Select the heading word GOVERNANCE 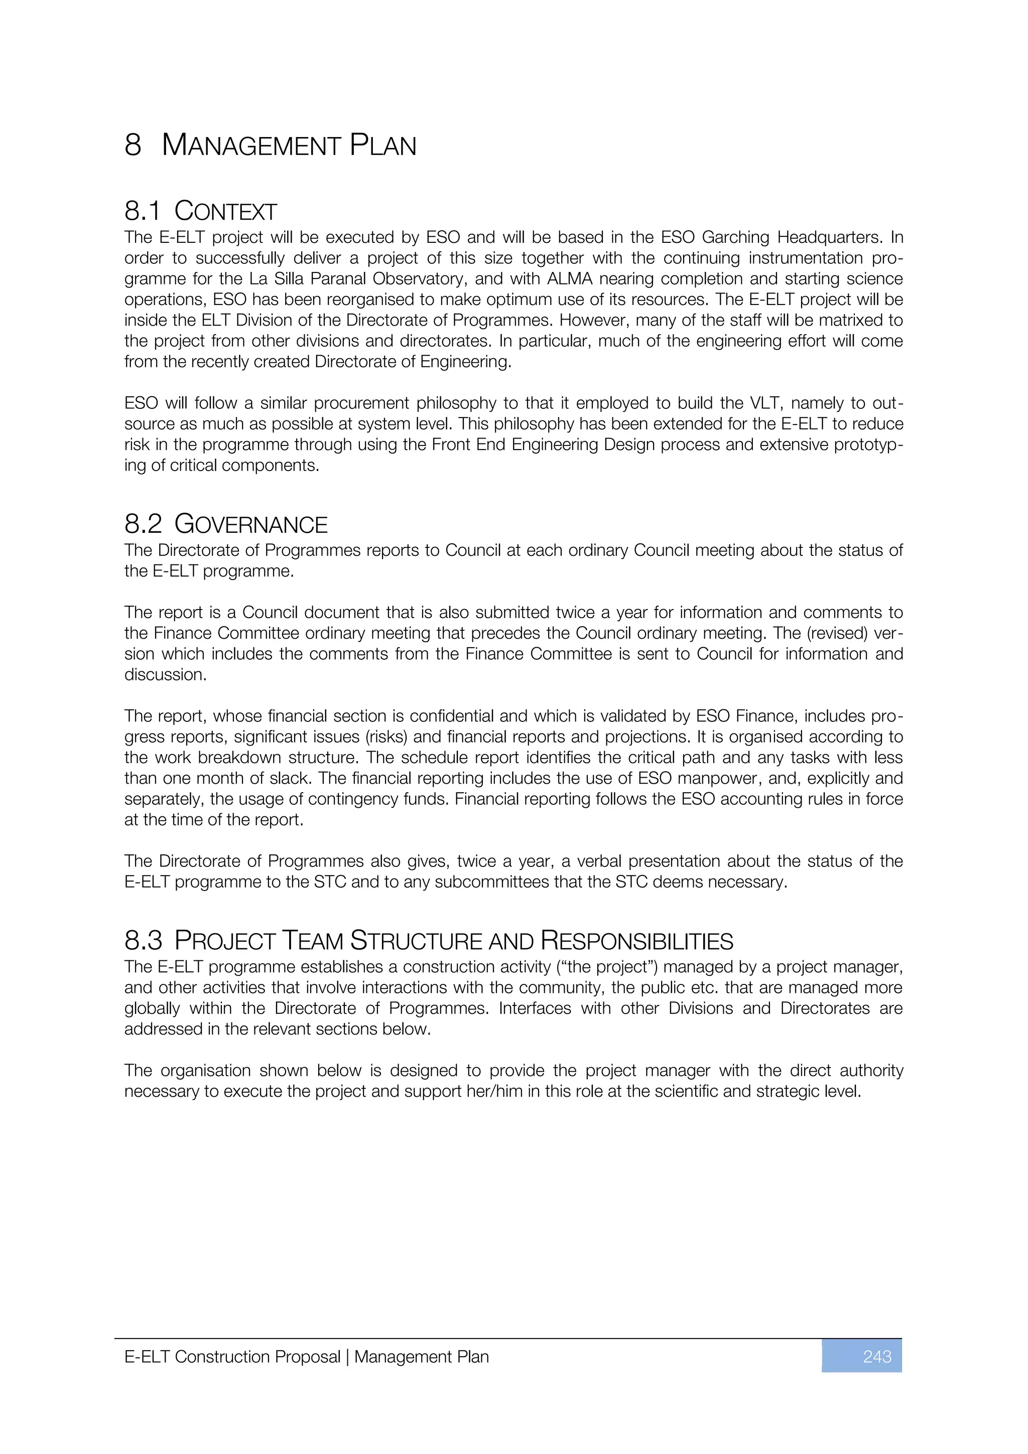tap(251, 525)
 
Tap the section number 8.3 tap(143, 941)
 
